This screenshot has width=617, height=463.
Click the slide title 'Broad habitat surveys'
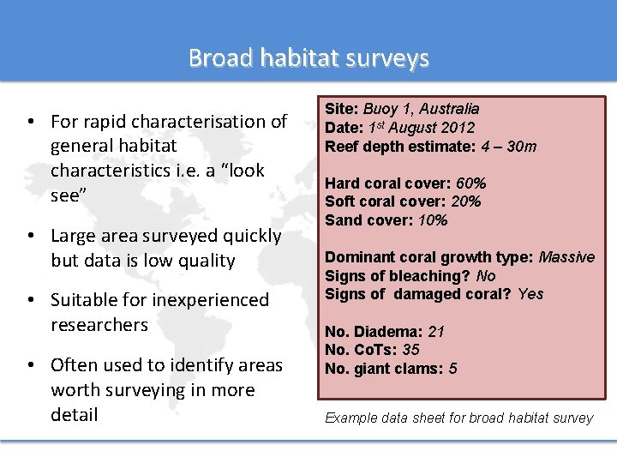308,57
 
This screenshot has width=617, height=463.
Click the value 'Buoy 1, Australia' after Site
421,109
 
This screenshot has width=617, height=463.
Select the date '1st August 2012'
420,128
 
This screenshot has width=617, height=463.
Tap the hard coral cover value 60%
470,183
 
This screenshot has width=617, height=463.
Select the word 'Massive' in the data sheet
566,257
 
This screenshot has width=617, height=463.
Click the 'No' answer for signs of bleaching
486,276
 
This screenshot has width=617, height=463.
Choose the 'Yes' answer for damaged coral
530,294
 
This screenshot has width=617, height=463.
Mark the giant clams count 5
452,369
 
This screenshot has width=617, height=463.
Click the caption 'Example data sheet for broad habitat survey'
458,418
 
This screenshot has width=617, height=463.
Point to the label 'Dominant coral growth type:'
429,257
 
